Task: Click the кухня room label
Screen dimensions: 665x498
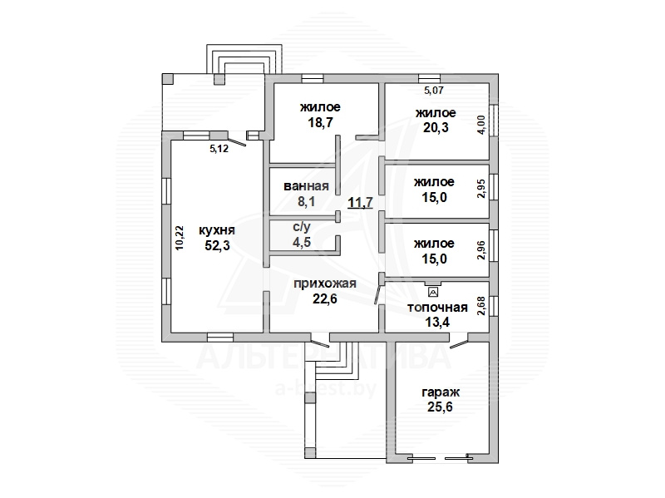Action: coord(217,230)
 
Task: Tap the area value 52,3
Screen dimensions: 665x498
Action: coord(217,245)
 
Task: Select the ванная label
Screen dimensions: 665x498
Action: coord(306,186)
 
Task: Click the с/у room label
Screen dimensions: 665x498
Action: coord(301,227)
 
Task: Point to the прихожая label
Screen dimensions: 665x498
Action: coord(325,284)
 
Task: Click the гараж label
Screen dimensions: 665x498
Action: coord(441,392)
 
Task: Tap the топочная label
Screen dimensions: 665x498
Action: coord(437,307)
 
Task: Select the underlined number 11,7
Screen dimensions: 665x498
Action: coord(361,202)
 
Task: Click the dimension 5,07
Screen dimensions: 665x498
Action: coord(434,90)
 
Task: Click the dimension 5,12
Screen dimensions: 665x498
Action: coord(219,149)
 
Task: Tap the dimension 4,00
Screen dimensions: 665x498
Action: coord(481,124)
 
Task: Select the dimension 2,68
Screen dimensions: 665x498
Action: coord(481,306)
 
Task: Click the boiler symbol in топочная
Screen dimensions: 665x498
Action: coord(433,292)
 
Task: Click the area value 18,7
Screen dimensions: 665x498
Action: coord(321,122)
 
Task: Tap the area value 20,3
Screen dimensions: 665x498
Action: coord(436,127)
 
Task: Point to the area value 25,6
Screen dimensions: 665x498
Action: coord(441,407)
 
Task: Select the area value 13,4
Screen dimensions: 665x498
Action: coord(437,322)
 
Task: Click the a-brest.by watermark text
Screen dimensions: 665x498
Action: coord(326,389)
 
